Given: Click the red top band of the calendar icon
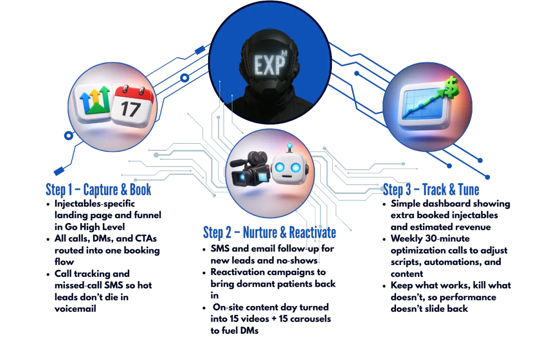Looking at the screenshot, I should tap(134, 93).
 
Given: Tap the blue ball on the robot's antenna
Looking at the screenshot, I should tap(290, 146).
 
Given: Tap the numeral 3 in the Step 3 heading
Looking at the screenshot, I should tap(407, 190).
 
